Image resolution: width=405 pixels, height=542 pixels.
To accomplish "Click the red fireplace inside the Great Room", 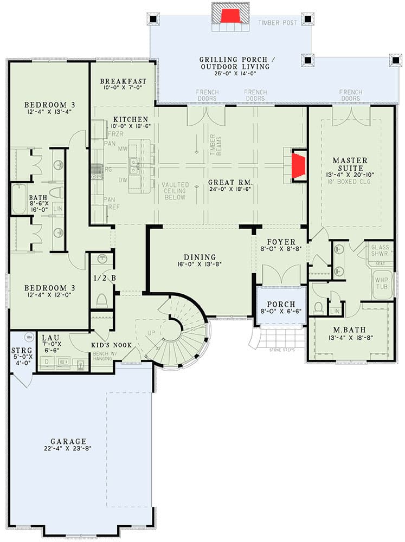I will point(298,166).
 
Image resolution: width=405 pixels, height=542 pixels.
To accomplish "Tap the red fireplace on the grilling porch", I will point(229,15).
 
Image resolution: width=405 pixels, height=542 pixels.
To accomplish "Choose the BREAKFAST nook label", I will point(123,82).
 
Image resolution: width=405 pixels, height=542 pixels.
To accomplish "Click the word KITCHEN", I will point(131,119).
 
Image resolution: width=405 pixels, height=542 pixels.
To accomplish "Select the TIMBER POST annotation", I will point(278,23).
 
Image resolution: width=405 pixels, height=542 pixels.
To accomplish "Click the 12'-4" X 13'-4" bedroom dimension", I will point(49,112).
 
